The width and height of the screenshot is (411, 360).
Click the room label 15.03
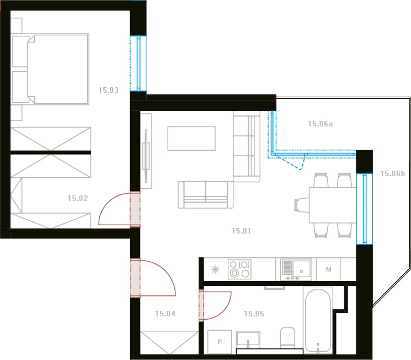point(108,90)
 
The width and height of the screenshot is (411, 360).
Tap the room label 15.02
point(78,198)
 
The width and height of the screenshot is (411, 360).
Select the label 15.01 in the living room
point(241,231)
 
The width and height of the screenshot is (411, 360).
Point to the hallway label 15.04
point(165,314)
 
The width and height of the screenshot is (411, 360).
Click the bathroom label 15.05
point(254,314)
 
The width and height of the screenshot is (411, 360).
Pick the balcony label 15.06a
point(321,124)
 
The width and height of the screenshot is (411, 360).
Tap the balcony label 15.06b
point(393,173)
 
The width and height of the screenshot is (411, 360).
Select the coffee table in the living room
point(191,138)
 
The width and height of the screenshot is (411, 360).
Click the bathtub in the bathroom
point(318,320)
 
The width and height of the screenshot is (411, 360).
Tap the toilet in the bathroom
point(287,337)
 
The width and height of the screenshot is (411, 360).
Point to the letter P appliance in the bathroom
point(220,342)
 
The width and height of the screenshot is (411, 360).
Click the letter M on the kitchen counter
point(328,269)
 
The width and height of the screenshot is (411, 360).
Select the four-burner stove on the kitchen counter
point(239,269)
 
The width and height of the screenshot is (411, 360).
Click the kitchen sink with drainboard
point(296,269)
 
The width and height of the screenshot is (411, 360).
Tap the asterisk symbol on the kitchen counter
point(215,270)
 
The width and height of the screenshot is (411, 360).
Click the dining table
point(332,205)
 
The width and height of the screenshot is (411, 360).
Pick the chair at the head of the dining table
point(302,205)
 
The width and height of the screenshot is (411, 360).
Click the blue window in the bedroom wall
point(138,63)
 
